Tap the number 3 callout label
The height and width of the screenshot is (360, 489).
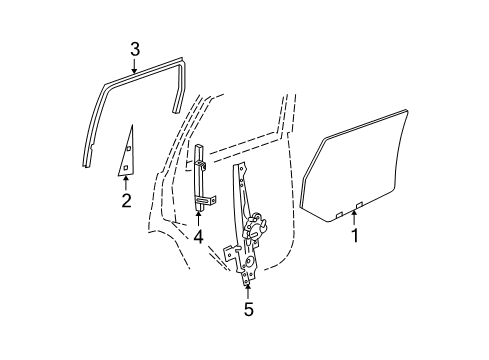point(135,47)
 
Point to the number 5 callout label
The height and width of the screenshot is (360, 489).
point(248,310)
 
